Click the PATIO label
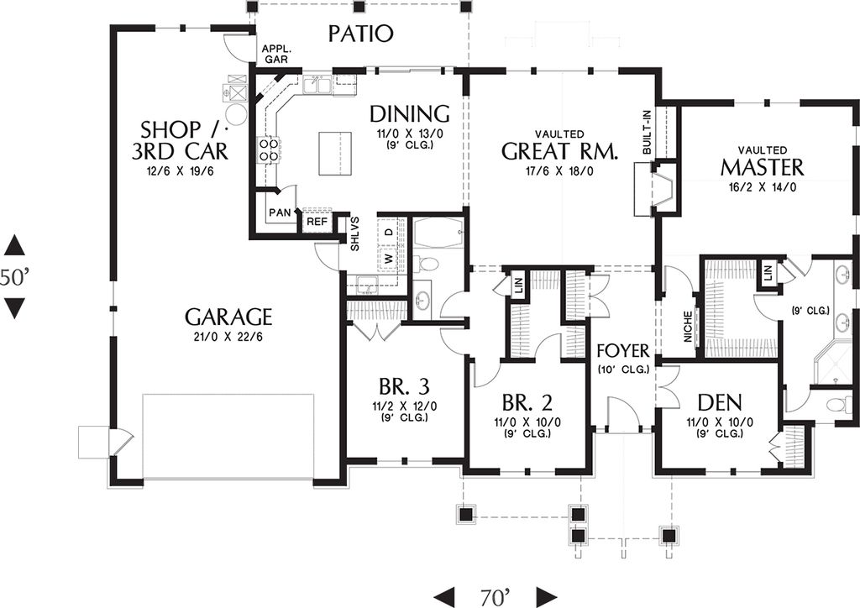[360, 34]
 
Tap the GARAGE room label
[228, 317]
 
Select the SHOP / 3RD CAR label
[183, 140]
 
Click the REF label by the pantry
[316, 222]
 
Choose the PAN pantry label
[280, 213]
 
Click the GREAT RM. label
[559, 151]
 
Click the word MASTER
[762, 167]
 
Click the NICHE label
[688, 328]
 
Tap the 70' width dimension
[496, 597]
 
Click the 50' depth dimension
[14, 278]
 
